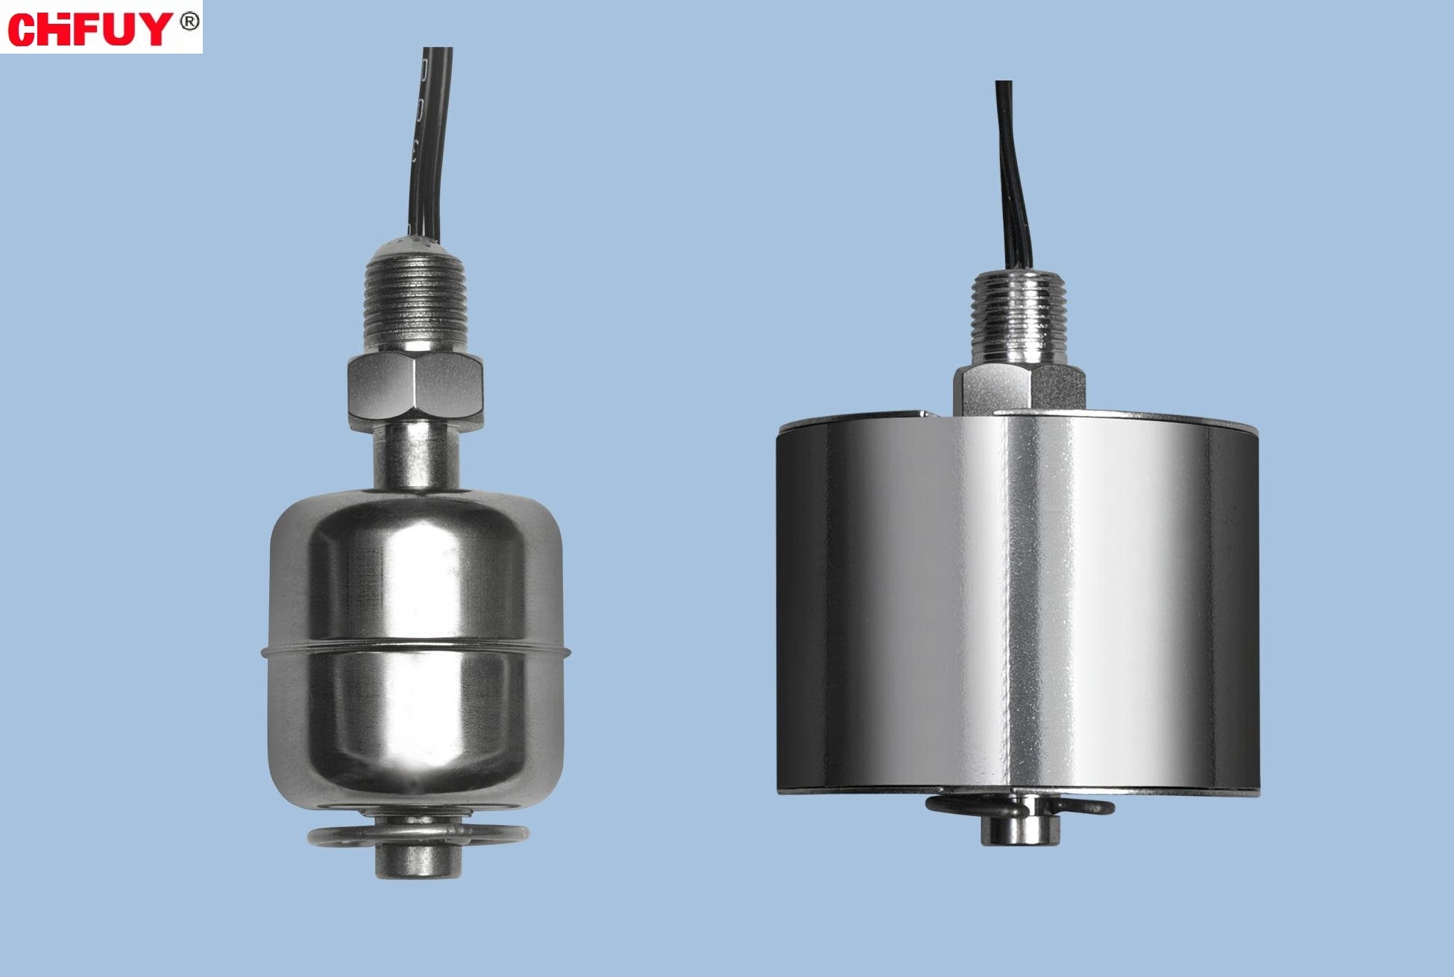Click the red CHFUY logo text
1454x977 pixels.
tap(90, 28)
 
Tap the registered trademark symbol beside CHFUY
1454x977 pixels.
tap(189, 21)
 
